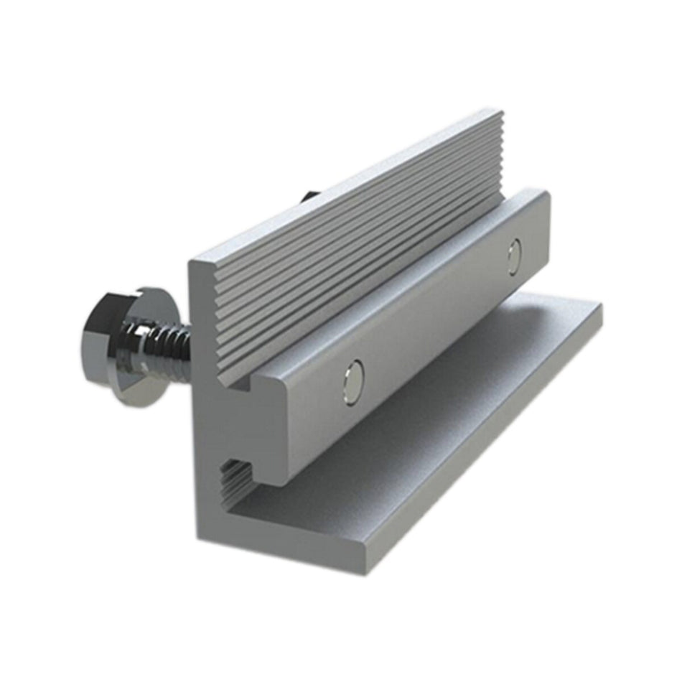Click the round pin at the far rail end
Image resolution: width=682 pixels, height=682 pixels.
[514, 256]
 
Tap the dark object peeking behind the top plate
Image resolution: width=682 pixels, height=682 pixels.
[308, 195]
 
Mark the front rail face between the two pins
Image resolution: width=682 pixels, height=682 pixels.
[431, 323]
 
